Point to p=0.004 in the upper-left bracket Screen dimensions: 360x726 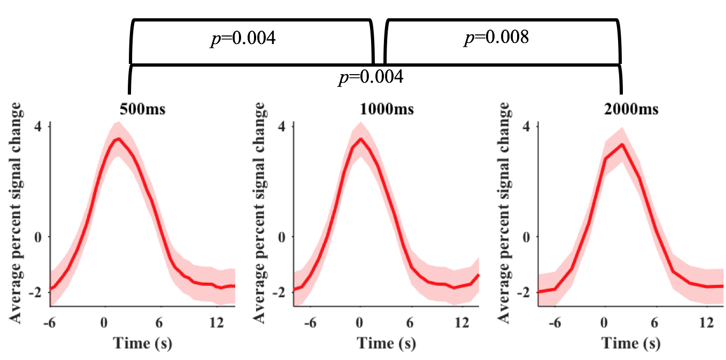point(243,39)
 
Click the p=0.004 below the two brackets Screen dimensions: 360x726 point(371,77)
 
